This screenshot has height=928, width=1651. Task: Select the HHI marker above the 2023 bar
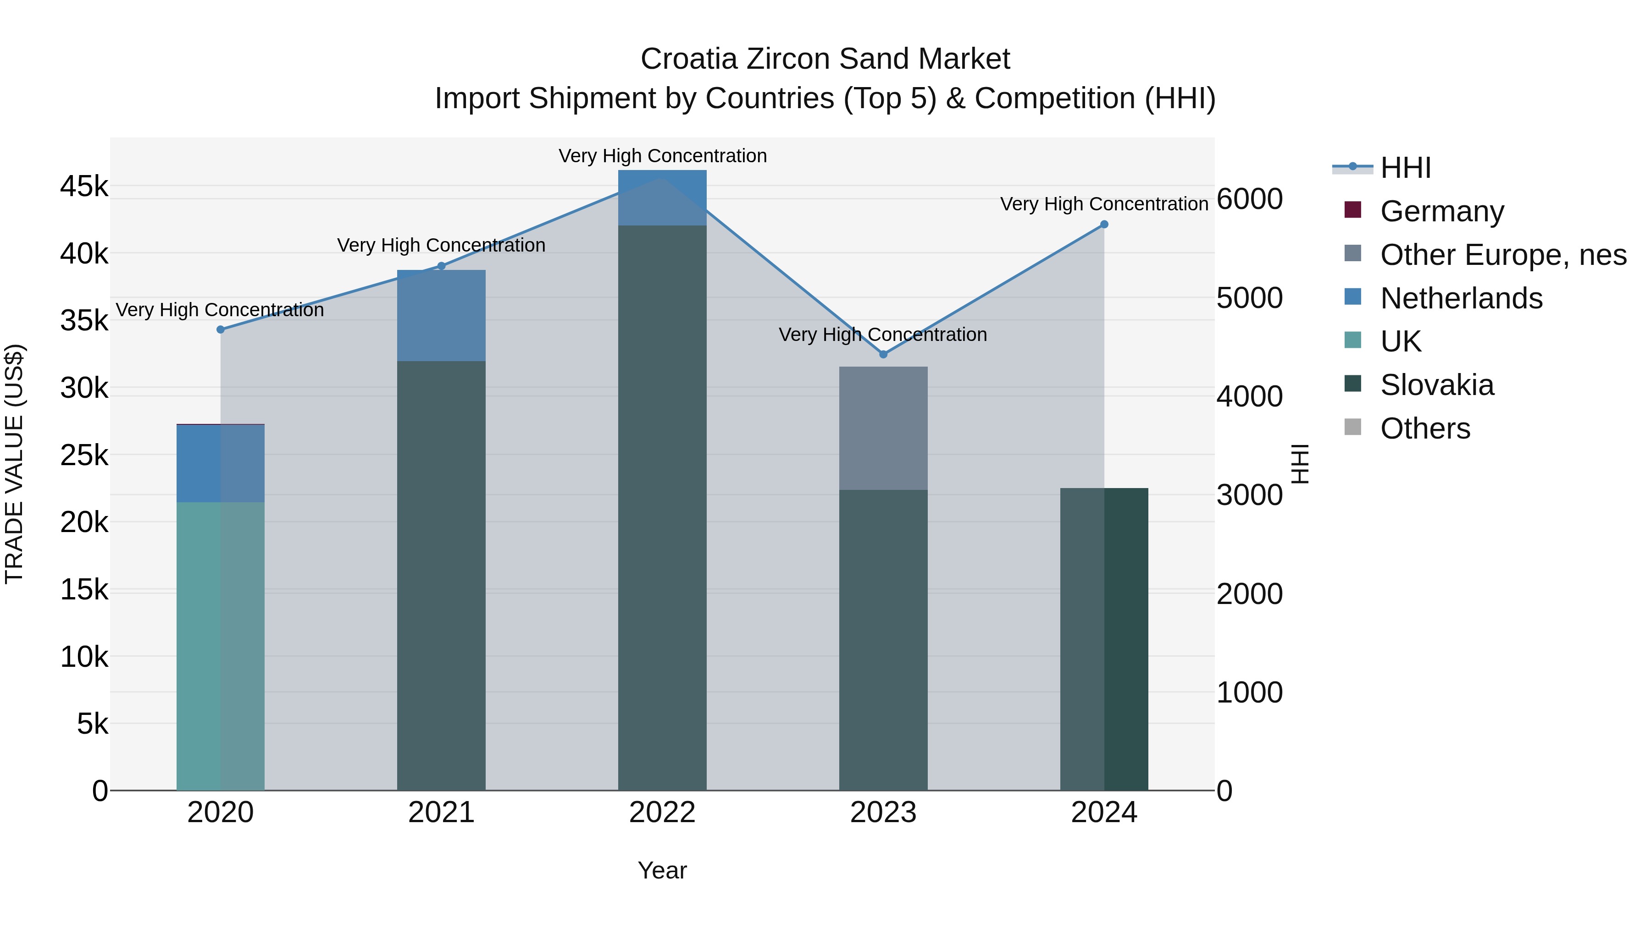pos(883,354)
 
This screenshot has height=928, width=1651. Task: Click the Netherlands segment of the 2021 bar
pos(441,316)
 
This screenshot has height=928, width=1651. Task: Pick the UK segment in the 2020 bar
pos(221,647)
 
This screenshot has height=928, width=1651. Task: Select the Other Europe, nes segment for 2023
pos(883,428)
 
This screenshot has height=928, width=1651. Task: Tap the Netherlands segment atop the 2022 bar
pos(662,198)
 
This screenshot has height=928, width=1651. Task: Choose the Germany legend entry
pos(1442,211)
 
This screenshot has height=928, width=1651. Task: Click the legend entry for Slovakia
pos(1437,385)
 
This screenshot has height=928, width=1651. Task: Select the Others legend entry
pos(1425,428)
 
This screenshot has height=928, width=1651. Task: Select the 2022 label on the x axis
pos(662,813)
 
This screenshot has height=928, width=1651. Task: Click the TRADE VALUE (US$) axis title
pos(14,464)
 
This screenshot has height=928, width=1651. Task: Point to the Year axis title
pos(662,870)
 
